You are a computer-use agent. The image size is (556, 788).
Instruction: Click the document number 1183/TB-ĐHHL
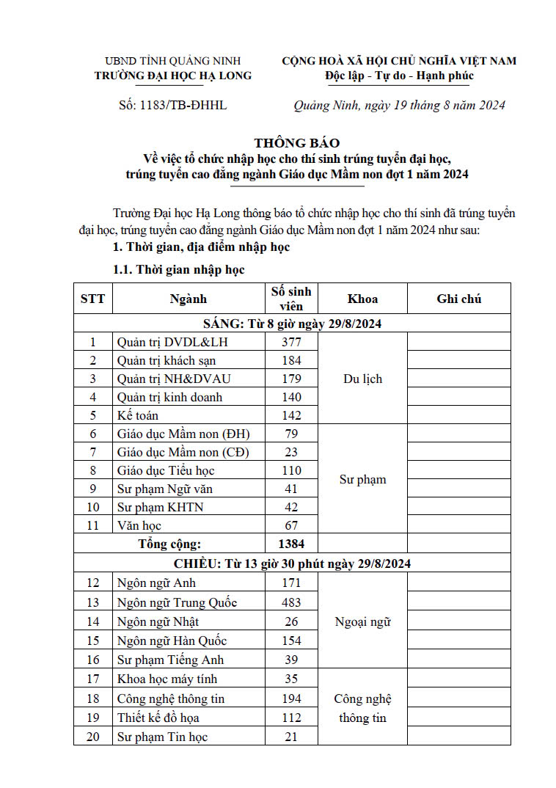click(172, 105)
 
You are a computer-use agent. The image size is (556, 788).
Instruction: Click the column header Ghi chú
click(458, 299)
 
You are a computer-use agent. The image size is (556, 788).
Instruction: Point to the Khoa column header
click(362, 299)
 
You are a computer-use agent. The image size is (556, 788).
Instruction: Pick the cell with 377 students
click(291, 342)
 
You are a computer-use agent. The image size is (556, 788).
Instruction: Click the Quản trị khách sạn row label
click(167, 360)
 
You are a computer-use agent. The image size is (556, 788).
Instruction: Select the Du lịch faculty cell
click(362, 379)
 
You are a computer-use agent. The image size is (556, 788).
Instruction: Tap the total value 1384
click(291, 544)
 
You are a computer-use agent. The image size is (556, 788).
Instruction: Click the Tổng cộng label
click(169, 544)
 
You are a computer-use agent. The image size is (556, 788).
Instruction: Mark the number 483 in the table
click(291, 602)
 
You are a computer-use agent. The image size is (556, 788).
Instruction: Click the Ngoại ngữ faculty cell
click(362, 621)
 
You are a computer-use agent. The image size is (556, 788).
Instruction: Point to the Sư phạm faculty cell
click(362, 480)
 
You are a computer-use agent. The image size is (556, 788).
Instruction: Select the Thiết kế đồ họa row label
click(158, 718)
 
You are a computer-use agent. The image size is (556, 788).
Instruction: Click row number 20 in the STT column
click(92, 736)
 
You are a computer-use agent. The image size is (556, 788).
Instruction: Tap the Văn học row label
click(139, 525)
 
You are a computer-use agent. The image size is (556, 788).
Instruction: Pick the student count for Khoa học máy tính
click(291, 679)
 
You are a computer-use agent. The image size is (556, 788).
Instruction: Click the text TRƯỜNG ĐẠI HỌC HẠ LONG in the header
click(173, 76)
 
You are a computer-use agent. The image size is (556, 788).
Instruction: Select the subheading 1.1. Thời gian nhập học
click(178, 270)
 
